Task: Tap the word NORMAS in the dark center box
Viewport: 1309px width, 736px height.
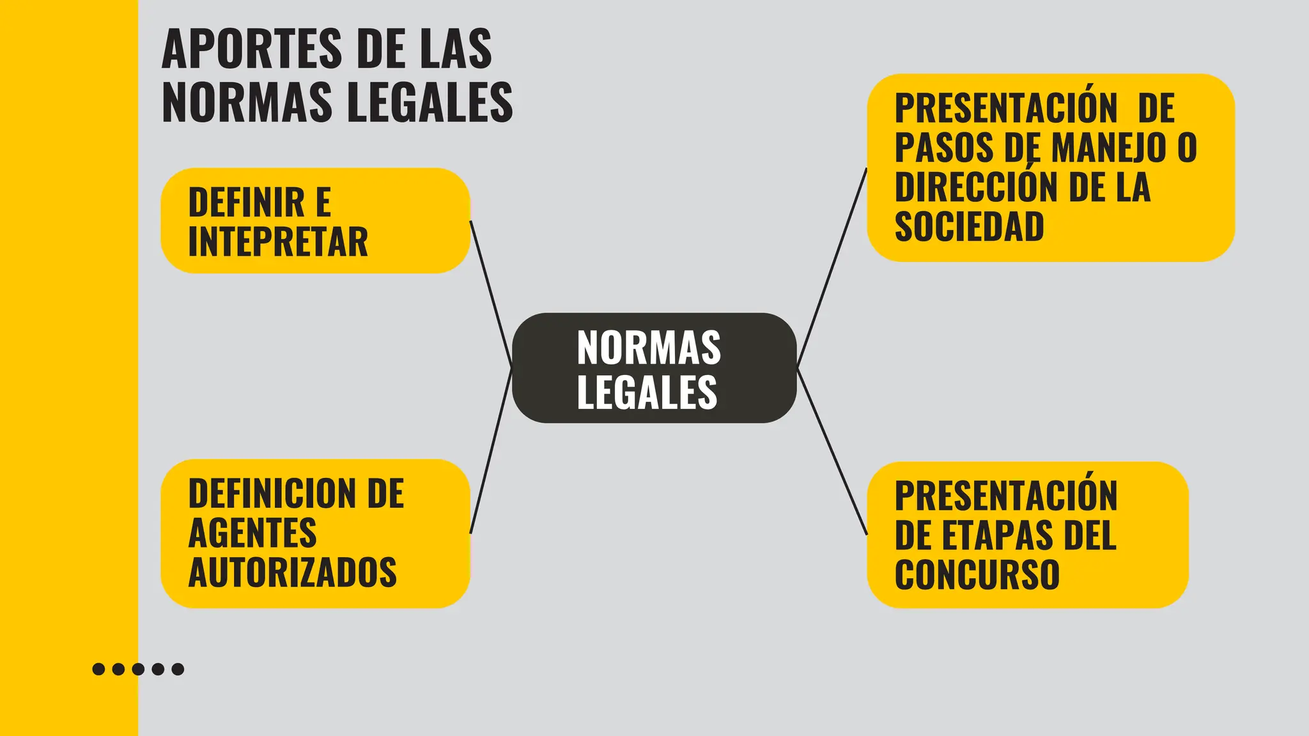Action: [649, 348]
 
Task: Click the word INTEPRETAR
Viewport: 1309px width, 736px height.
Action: [278, 242]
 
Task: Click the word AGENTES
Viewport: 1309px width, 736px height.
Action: [252, 533]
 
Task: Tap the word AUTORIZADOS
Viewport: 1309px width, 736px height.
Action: [293, 572]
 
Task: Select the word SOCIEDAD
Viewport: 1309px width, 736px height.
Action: [969, 226]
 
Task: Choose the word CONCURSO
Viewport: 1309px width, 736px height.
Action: [977, 574]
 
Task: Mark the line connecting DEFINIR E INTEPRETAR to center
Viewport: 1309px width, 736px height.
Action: [491, 294]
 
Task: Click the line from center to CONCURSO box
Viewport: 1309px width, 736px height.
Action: [832, 451]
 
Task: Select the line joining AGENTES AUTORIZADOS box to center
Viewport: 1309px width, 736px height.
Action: [491, 451]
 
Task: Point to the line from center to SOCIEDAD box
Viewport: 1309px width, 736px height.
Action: [832, 268]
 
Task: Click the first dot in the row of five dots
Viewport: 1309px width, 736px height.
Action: [98, 669]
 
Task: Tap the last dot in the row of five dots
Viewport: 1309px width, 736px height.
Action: [178, 669]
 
